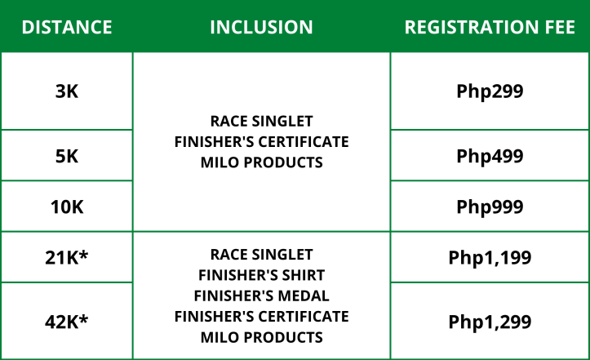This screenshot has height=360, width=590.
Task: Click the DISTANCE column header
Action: point(66,27)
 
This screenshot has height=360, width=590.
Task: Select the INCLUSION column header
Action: point(261,27)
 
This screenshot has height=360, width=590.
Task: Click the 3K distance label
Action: point(66,91)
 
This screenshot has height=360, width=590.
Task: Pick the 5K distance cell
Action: point(66,156)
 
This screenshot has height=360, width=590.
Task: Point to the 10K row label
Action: point(66,207)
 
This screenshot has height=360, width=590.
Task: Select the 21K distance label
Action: point(66,258)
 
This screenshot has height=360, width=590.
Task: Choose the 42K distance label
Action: point(66,322)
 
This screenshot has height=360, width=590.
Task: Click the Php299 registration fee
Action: point(490,91)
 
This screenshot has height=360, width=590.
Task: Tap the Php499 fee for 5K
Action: point(490,156)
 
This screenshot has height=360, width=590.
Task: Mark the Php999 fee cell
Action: point(490,207)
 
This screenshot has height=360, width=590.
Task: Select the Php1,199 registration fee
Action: point(490,258)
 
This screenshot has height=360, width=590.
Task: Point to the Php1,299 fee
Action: point(490,322)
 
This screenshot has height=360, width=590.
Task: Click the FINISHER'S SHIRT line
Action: point(261,275)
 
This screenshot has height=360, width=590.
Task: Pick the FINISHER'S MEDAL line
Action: point(261,296)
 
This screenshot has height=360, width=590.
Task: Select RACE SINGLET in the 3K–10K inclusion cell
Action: point(261,122)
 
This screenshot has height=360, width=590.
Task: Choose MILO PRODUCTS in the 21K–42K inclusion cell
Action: point(261,336)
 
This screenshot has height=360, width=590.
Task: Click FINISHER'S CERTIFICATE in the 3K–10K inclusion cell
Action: point(261,142)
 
